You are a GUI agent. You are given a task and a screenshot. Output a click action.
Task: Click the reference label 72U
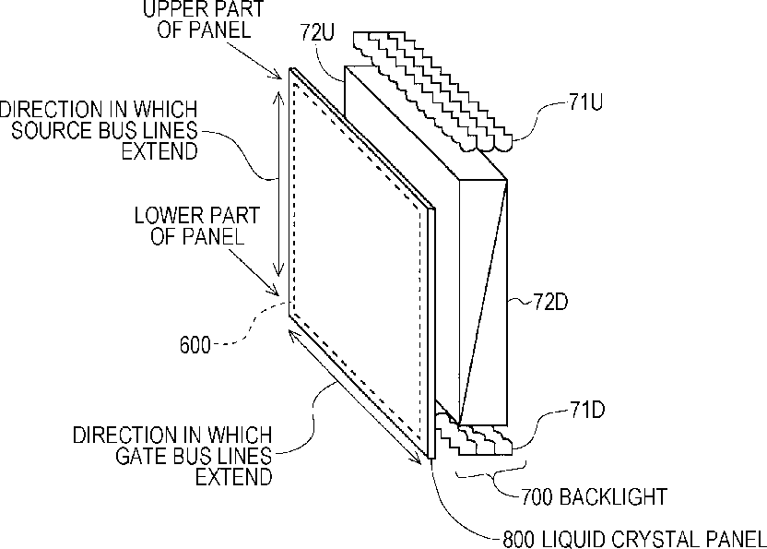[x=317, y=33]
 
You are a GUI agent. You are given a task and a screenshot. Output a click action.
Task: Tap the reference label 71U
[x=585, y=101]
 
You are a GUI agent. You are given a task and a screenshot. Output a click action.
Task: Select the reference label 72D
[x=550, y=302]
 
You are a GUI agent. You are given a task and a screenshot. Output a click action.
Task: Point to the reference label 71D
[x=587, y=410]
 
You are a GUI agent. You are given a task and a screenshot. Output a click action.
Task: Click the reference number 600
[x=195, y=345]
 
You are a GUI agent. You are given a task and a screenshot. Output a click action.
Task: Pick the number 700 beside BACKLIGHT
[x=537, y=497]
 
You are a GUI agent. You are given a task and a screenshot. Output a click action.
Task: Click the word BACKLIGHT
[x=613, y=497]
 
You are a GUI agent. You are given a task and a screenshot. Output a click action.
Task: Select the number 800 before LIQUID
[x=520, y=540]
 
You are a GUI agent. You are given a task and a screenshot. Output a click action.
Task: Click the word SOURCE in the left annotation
[x=52, y=130]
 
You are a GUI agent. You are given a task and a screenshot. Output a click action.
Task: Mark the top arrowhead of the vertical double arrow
[x=278, y=98]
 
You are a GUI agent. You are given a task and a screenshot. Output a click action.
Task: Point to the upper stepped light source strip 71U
[x=433, y=91]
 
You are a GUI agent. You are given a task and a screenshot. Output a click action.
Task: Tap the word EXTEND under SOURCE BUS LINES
[x=159, y=151]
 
